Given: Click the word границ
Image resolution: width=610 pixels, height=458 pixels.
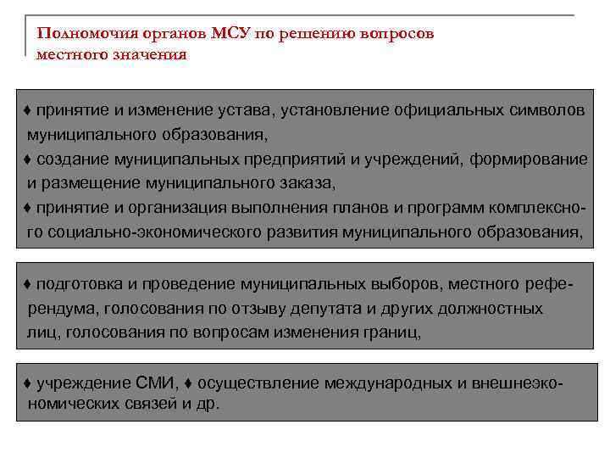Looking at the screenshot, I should pyautogui.click(x=391, y=332).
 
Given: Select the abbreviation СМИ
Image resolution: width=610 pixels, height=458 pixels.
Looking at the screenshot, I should pyautogui.click(x=154, y=383).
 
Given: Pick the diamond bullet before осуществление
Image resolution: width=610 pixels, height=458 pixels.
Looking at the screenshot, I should pyautogui.click(x=189, y=383).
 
